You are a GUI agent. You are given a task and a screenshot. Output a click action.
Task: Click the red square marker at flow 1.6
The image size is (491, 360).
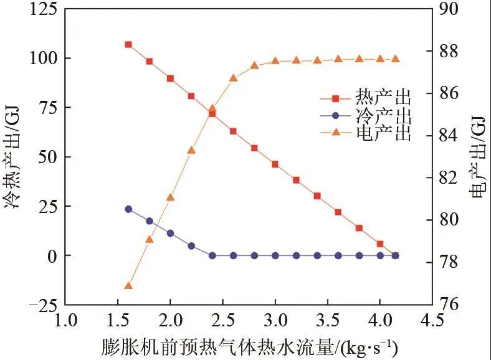pyautogui.click(x=128, y=45)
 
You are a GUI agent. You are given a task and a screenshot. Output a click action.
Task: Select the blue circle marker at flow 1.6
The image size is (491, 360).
pyautogui.click(x=128, y=209)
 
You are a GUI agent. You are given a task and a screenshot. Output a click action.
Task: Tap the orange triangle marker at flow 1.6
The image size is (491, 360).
pyautogui.click(x=128, y=286)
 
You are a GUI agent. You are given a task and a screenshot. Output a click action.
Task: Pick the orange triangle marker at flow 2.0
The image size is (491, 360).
pyautogui.click(x=170, y=197)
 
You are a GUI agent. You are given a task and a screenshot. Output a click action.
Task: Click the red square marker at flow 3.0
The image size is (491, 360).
pyautogui.click(x=275, y=164)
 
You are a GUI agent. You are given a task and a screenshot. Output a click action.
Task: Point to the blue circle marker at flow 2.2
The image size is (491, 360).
pyautogui.click(x=191, y=246)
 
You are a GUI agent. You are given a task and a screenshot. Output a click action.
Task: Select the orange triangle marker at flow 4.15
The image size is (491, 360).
pyautogui.click(x=395, y=59)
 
